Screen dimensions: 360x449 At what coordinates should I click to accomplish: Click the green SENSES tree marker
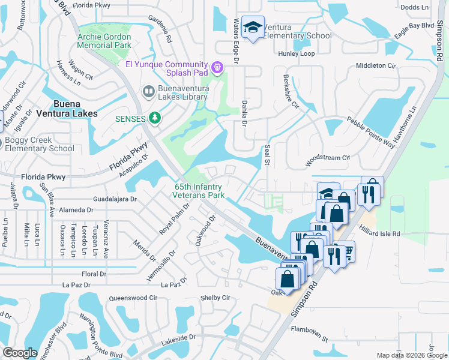coord(155,118)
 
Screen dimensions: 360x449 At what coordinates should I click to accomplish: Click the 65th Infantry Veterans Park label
coord(199,191)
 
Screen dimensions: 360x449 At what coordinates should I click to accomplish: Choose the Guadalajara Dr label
coord(116,199)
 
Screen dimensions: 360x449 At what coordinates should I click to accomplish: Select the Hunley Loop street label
coord(296,54)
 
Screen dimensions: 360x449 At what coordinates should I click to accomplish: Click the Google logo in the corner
coord(20,353)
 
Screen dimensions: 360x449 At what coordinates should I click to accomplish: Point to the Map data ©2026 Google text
coord(411,355)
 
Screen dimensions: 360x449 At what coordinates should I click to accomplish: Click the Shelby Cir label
coord(215,298)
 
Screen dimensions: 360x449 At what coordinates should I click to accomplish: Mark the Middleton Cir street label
coord(376,65)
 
